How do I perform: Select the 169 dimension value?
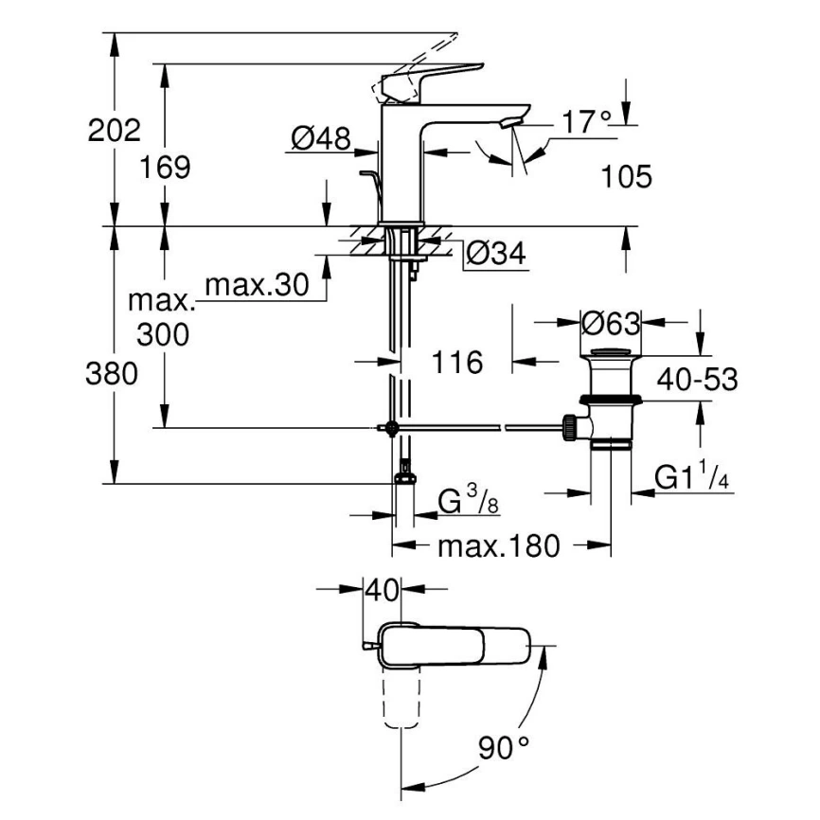[168, 168]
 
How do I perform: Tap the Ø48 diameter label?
[320, 140]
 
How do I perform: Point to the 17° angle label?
[587, 122]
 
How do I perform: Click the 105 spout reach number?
[626, 176]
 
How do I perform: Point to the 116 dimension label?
[457, 361]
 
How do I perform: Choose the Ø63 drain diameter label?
[611, 324]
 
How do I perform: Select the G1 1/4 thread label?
[695, 479]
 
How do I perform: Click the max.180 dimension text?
[499, 546]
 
